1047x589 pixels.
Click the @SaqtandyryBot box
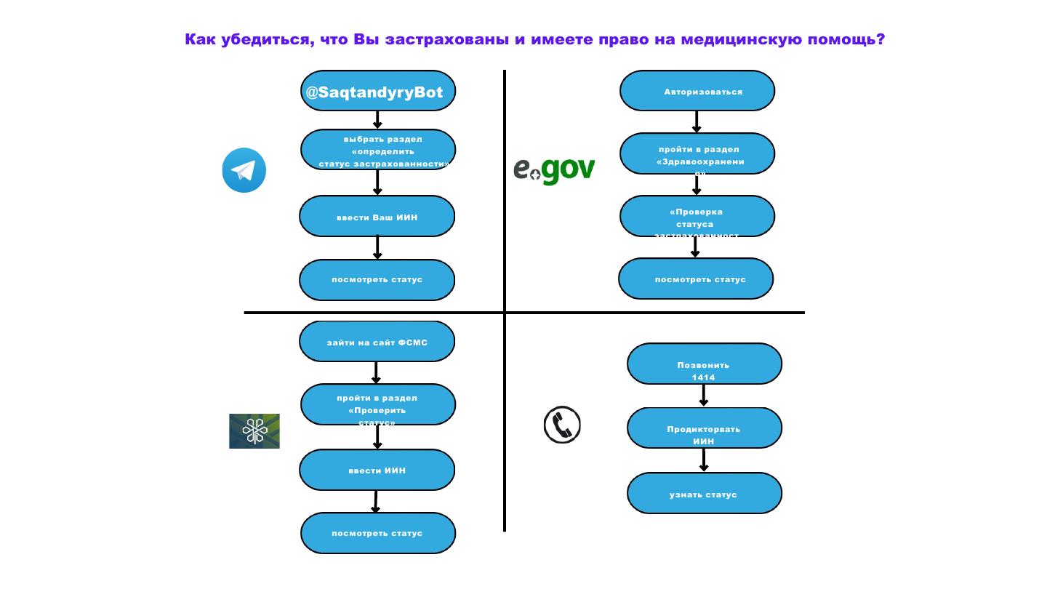pos(377,91)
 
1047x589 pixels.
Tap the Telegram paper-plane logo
pos(244,170)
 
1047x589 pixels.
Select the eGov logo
pos(554,170)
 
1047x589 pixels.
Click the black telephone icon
pos(562,425)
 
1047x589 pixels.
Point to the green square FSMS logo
pos(254,431)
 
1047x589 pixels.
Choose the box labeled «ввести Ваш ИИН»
pos(377,217)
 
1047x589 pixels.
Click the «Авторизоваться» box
pos(697,91)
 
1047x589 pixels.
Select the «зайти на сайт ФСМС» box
pos(377,342)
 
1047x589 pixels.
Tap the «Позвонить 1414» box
pos(704,364)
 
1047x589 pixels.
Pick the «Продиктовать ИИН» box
pos(704,428)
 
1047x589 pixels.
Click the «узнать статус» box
pos(704,494)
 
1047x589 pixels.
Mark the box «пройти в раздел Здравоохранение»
pos(697,153)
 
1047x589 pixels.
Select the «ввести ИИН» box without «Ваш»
pos(377,470)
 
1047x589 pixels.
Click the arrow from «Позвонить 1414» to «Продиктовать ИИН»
pos(703,396)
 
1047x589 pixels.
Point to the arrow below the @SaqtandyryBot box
pos(377,120)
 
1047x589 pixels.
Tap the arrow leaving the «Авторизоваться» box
pos(697,121)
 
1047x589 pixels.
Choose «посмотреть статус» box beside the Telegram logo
pos(377,279)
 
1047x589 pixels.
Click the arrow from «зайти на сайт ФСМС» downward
pos(376,373)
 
